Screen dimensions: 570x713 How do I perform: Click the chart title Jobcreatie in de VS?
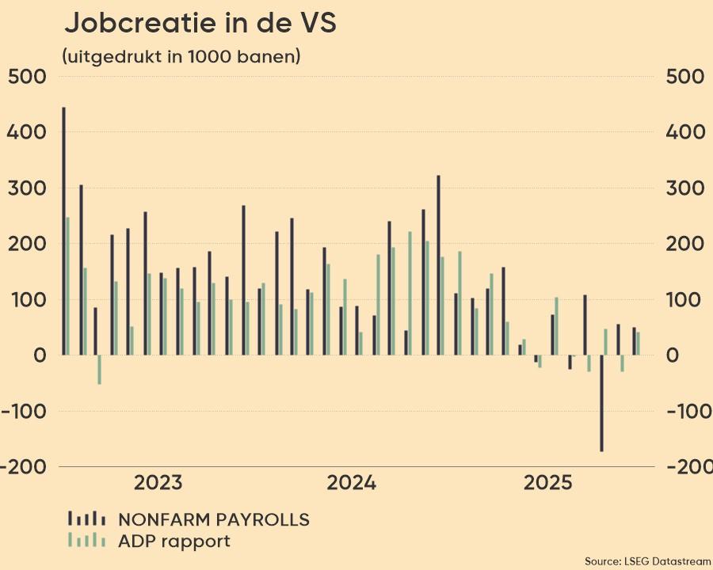(x=200, y=24)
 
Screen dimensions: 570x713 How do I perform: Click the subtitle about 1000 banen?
(x=181, y=56)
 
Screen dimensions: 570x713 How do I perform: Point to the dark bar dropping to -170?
(x=602, y=403)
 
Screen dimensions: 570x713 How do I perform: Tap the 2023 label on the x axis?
(x=158, y=483)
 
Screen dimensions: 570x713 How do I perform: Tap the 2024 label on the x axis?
(x=351, y=483)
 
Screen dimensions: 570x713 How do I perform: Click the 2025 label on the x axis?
(x=547, y=483)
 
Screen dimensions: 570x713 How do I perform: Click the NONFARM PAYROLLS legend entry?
(x=213, y=519)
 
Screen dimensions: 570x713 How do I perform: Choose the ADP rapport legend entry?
(x=173, y=541)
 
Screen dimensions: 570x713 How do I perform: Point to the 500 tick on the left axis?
(x=28, y=77)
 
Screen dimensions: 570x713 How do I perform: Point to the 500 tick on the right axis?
(x=685, y=77)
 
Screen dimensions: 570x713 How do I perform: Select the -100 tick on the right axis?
(x=685, y=411)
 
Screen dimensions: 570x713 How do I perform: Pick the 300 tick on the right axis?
(x=685, y=188)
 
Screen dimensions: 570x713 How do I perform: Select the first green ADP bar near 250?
(x=68, y=286)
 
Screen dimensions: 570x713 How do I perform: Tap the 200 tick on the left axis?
(x=28, y=244)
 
